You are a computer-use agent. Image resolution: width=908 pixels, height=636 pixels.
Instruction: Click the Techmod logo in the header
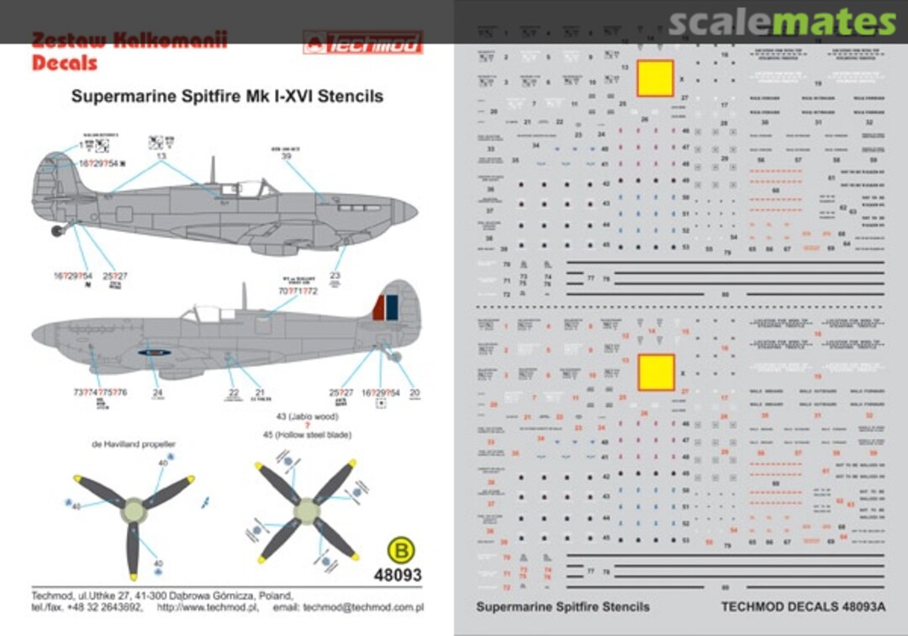pyautogui.click(x=362, y=42)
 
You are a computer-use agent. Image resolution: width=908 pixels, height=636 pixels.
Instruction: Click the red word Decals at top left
pyautogui.click(x=65, y=62)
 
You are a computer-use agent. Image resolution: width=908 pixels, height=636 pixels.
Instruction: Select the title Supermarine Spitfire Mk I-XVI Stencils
pyautogui.click(x=227, y=96)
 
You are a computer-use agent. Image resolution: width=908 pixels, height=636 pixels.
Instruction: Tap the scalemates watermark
pyautogui.click(x=782, y=23)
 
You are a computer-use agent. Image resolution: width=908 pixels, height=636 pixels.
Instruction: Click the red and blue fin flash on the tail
pyautogui.click(x=385, y=307)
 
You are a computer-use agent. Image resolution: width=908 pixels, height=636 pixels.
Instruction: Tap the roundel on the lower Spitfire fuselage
pyautogui.click(x=155, y=353)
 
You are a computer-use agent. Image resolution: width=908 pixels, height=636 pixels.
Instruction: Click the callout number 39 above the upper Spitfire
pyautogui.click(x=286, y=156)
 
